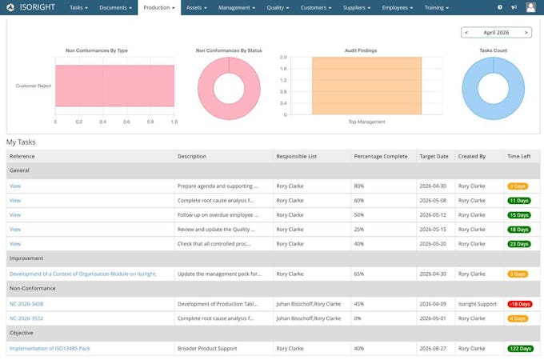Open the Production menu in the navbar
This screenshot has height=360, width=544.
click(x=159, y=8)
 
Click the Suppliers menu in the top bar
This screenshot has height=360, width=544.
click(x=357, y=8)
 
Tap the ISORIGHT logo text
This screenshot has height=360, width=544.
click(x=37, y=7)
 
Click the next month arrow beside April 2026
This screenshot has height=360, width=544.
click(x=526, y=32)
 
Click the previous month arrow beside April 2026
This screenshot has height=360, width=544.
click(x=466, y=32)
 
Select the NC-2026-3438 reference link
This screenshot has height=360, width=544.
click(x=26, y=304)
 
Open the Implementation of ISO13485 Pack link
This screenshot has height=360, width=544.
click(x=50, y=349)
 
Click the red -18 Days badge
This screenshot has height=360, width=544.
click(x=520, y=304)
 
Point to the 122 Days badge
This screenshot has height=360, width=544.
click(x=520, y=349)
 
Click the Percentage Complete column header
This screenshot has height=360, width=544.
click(x=381, y=157)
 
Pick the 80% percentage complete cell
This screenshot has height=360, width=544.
click(x=359, y=186)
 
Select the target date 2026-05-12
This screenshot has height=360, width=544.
click(x=433, y=215)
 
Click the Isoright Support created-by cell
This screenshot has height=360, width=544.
click(x=478, y=304)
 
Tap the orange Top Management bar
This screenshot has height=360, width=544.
click(x=366, y=86)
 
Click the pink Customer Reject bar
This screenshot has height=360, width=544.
click(x=115, y=86)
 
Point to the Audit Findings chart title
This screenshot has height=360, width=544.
click(x=361, y=50)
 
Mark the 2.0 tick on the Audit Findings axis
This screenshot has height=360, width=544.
click(x=283, y=58)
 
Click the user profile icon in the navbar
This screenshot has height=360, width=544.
click(x=530, y=7)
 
